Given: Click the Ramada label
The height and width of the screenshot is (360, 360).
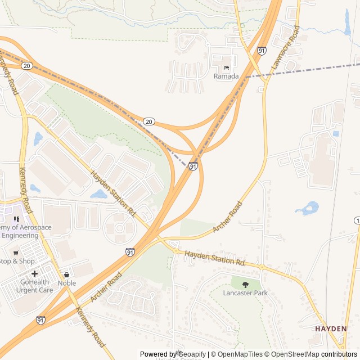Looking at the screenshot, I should coord(226,76).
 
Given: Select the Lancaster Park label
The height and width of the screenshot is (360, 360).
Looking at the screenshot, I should coord(245,293).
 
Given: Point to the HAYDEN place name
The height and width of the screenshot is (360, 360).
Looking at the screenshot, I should coord(331,328).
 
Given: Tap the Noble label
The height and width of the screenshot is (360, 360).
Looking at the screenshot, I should coord(67,283).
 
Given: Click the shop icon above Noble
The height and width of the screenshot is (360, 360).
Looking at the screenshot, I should coord(67,274).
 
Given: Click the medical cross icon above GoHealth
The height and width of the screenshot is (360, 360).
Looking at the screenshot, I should coord(34,273).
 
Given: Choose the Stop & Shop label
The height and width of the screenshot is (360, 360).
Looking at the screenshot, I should coord(17,261).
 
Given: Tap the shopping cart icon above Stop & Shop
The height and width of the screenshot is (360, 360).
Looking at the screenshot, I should coord(16,253).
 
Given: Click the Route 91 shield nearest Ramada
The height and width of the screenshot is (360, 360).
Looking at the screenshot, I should coord(262,51).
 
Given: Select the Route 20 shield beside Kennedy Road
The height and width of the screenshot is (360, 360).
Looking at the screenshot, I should coord(27,66).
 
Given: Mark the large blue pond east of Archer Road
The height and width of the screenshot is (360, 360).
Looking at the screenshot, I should coord(308,209).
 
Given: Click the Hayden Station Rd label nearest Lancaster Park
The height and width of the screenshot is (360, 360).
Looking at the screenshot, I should coord(216,259).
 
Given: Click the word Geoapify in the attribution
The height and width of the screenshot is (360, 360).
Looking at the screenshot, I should coord(191,354).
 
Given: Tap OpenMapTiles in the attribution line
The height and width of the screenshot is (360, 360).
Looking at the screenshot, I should coord(241,354).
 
